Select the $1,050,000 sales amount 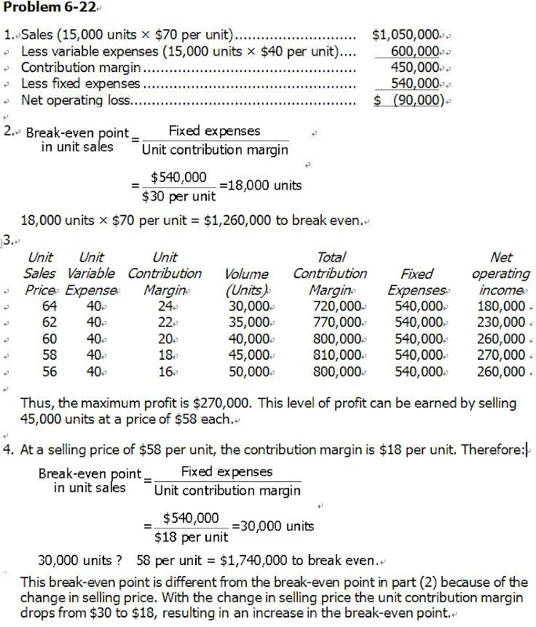coord(405,35)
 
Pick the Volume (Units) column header coord(247,281)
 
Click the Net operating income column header coord(500,274)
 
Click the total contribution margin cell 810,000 coord(335,355)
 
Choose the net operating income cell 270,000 coord(500,355)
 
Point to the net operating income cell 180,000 coord(500,306)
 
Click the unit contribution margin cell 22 coord(165,322)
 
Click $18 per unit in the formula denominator coord(191,537)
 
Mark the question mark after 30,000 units coord(120,561)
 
